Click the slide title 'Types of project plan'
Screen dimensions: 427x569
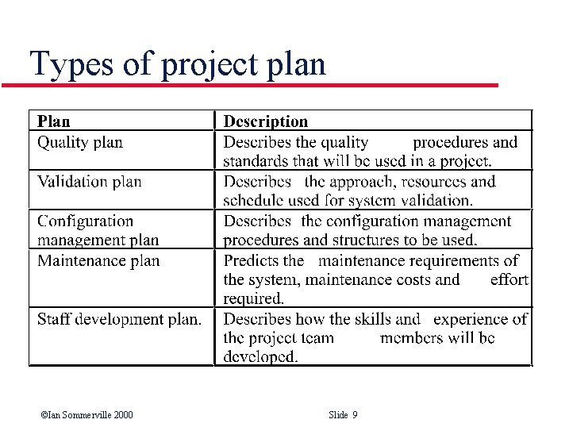tap(177, 63)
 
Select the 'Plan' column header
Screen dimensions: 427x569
tap(54, 121)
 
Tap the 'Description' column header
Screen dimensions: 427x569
tap(265, 121)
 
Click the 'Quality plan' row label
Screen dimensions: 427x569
tap(80, 143)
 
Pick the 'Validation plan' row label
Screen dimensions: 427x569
tap(90, 182)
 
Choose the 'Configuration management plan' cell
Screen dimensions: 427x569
tap(98, 230)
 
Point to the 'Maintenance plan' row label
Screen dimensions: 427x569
tap(98, 261)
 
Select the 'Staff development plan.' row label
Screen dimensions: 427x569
tap(119, 320)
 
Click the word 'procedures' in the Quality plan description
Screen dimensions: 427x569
tap(451, 143)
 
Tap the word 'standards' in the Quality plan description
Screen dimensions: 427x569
tap(256, 162)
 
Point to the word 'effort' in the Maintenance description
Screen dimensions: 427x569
tap(509, 279)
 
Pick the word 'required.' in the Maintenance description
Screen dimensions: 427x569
tap(253, 299)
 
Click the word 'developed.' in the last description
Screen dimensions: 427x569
tap(260, 358)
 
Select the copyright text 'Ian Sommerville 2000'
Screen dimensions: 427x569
tap(87, 415)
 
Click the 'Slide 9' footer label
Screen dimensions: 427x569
tap(343, 415)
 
